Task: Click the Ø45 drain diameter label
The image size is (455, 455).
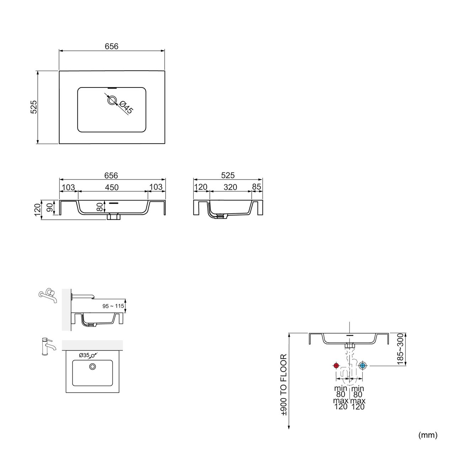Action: click(126, 107)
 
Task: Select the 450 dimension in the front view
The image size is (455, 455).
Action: click(112, 187)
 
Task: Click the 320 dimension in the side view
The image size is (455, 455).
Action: click(230, 187)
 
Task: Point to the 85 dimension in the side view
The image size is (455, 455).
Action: click(256, 187)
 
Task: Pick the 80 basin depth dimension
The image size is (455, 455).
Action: click(100, 207)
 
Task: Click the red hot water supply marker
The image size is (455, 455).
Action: click(336, 365)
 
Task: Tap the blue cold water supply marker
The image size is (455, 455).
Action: click(363, 365)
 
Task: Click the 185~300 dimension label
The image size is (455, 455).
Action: click(400, 349)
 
